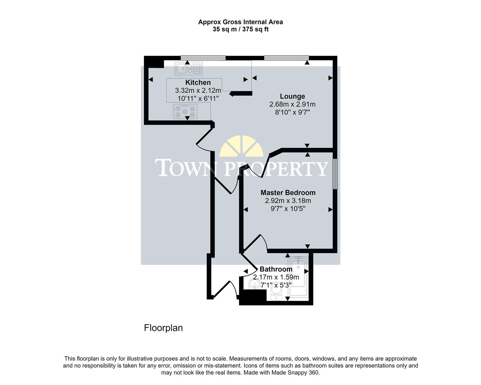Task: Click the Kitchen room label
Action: (198, 82)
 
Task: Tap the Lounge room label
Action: (292, 96)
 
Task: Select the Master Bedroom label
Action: (288, 192)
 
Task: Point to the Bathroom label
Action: (276, 269)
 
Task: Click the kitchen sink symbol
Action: (188, 68)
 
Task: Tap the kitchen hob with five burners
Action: (185, 111)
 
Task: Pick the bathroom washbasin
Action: (255, 284)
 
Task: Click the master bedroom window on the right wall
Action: (335, 174)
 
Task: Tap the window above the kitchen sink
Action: (203, 58)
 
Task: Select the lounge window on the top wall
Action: (286, 58)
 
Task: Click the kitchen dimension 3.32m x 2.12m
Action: (198, 91)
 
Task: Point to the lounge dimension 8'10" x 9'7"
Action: (292, 112)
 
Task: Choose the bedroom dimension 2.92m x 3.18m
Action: (288, 201)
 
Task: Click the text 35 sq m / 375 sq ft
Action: (240, 30)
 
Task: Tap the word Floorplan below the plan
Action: (163, 328)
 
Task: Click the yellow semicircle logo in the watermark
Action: (242, 147)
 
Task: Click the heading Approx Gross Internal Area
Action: (240, 22)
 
